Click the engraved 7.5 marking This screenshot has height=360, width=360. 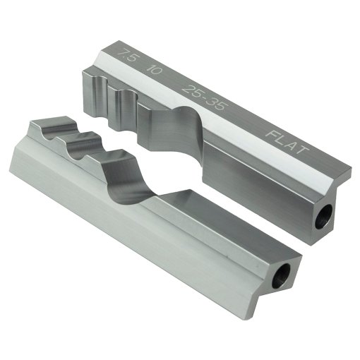(128, 56)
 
